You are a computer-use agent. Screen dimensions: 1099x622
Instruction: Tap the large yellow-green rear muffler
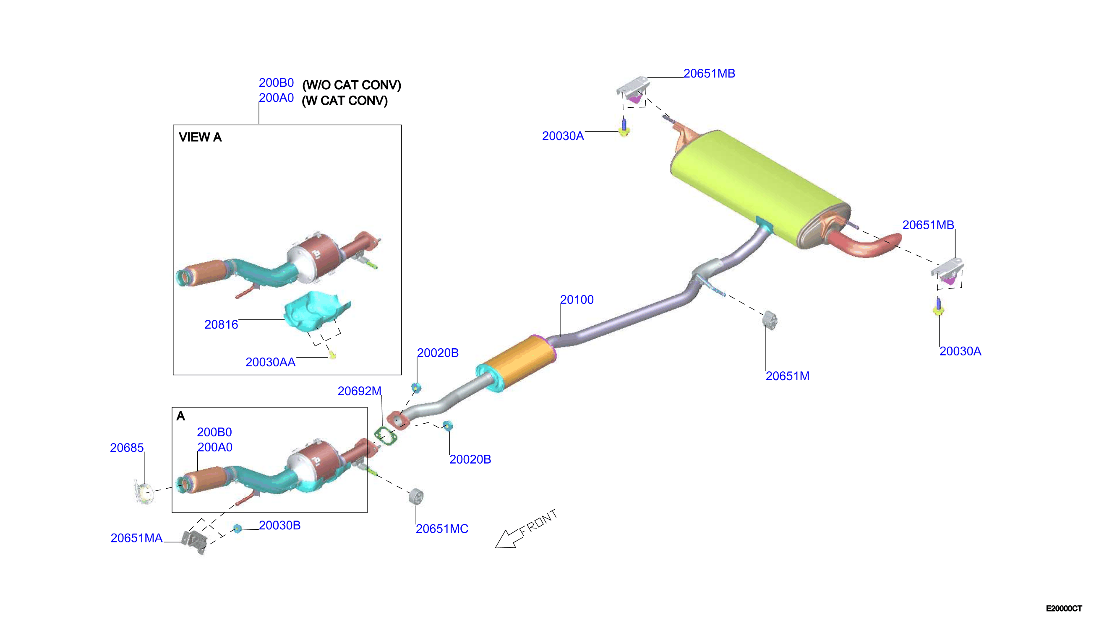[759, 188]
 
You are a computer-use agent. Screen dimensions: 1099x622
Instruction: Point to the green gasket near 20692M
[385, 435]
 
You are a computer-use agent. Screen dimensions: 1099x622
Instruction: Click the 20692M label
[359, 391]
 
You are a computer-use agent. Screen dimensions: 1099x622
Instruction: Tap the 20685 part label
[127, 448]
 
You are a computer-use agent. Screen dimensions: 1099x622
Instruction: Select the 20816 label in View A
[221, 325]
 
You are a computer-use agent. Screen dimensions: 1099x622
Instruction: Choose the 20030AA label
[270, 362]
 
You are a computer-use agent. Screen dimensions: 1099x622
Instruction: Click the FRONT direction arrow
[526, 529]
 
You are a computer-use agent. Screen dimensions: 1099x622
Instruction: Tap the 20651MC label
[442, 529]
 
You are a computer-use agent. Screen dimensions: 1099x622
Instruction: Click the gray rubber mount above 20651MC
[416, 496]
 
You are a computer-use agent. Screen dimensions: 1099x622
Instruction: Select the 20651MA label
[136, 538]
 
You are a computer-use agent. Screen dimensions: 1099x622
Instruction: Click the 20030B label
[279, 526]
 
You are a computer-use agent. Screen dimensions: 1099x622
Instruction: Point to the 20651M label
[787, 376]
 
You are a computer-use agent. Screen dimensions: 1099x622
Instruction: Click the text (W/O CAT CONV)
[352, 85]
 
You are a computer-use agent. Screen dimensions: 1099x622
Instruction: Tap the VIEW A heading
[200, 137]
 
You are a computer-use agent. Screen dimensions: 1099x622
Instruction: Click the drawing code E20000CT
[1064, 608]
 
